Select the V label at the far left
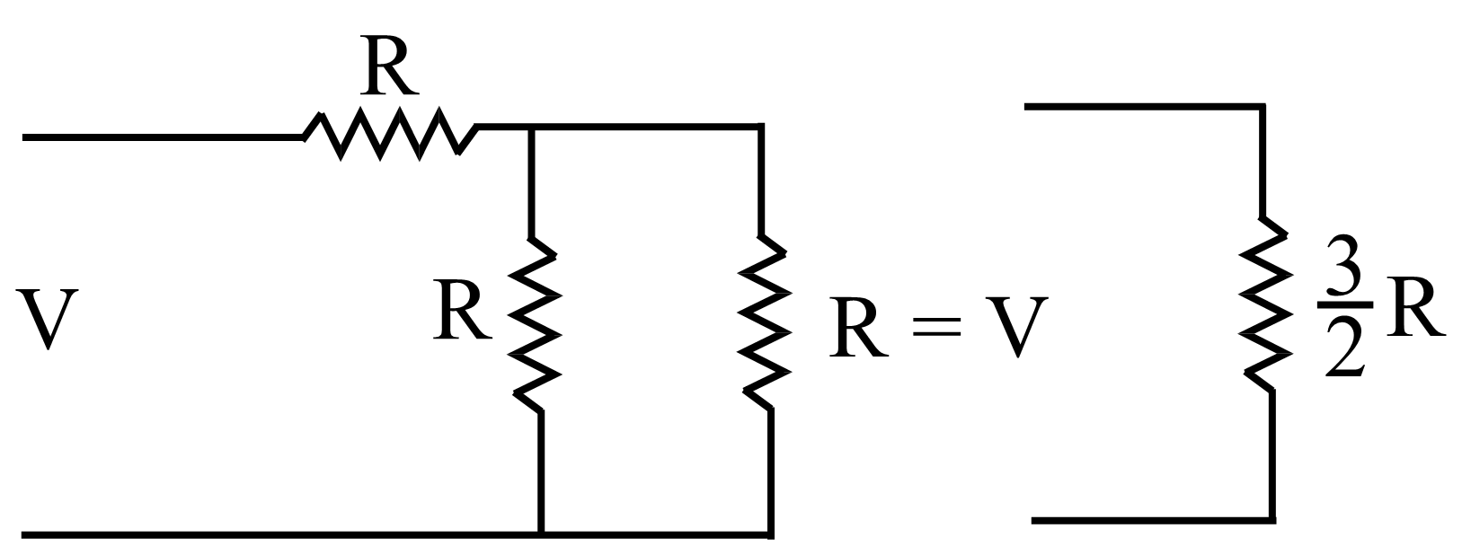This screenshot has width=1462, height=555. click(x=49, y=321)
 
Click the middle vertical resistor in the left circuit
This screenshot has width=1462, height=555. click(x=536, y=323)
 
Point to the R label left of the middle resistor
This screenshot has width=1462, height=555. click(x=462, y=311)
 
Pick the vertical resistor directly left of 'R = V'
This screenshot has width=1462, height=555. click(x=765, y=322)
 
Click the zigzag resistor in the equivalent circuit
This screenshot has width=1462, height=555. click(x=1267, y=304)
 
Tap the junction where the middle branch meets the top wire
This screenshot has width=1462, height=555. click(x=532, y=128)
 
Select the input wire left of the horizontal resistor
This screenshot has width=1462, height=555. click(x=162, y=137)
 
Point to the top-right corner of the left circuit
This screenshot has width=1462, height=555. click(x=762, y=128)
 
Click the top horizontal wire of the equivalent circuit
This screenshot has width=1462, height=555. click(x=1141, y=106)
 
